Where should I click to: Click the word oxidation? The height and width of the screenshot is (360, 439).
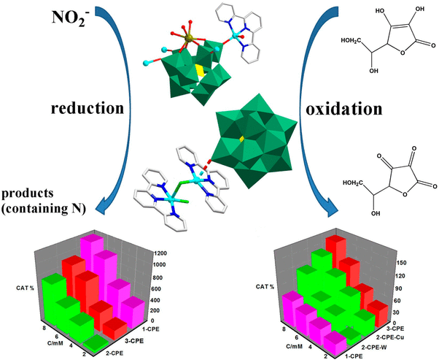click(x=341, y=109)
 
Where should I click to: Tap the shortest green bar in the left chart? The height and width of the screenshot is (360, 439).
click(x=93, y=342)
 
